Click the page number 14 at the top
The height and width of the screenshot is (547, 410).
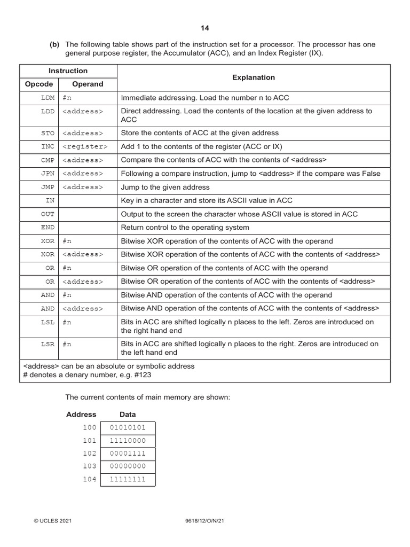(x=205, y=28)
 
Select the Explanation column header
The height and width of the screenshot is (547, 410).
(x=254, y=77)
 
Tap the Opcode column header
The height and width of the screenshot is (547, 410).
(x=39, y=84)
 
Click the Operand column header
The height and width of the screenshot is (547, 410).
(x=88, y=84)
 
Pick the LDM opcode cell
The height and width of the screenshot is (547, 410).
(x=48, y=98)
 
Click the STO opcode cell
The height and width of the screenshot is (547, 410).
(x=48, y=133)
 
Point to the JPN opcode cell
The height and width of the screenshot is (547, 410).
(x=48, y=174)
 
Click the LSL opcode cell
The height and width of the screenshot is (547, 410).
(x=48, y=322)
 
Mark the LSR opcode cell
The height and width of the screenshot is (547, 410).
(x=48, y=344)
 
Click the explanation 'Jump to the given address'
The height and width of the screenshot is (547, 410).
(x=165, y=187)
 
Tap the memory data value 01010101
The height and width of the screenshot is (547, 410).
(x=128, y=428)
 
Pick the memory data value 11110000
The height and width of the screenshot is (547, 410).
(x=128, y=441)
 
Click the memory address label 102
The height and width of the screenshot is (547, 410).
(x=90, y=454)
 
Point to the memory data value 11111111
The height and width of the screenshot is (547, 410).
(x=128, y=479)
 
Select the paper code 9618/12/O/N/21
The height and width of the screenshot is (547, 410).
(x=205, y=520)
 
